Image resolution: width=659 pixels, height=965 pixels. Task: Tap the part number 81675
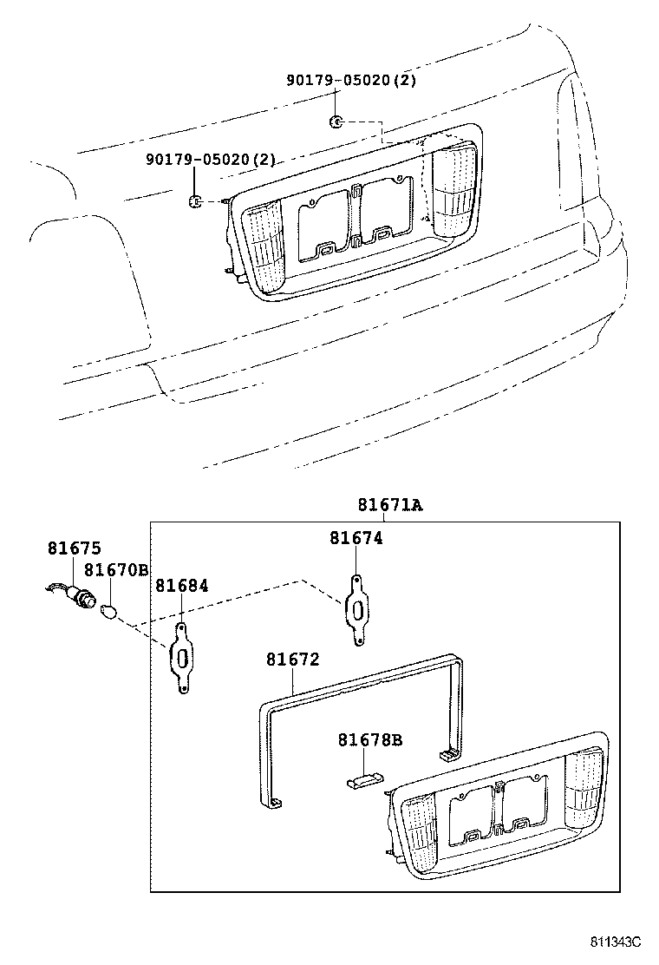point(74,548)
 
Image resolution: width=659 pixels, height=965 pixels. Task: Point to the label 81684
point(182,586)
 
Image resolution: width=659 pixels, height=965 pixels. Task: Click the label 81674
point(356,538)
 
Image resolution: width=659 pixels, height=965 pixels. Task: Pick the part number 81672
point(293,660)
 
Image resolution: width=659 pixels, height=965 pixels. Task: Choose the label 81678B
point(370,740)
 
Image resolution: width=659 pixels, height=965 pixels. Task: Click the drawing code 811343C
point(616,942)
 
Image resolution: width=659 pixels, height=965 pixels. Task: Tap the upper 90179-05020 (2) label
point(352,81)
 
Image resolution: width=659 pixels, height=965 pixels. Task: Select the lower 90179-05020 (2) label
point(210,160)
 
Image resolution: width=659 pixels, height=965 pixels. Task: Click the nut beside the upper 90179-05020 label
point(336,121)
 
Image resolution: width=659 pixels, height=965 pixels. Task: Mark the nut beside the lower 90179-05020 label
point(195,202)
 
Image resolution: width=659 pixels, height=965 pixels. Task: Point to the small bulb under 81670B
point(109,610)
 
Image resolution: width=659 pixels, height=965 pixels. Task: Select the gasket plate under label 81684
point(183,659)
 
